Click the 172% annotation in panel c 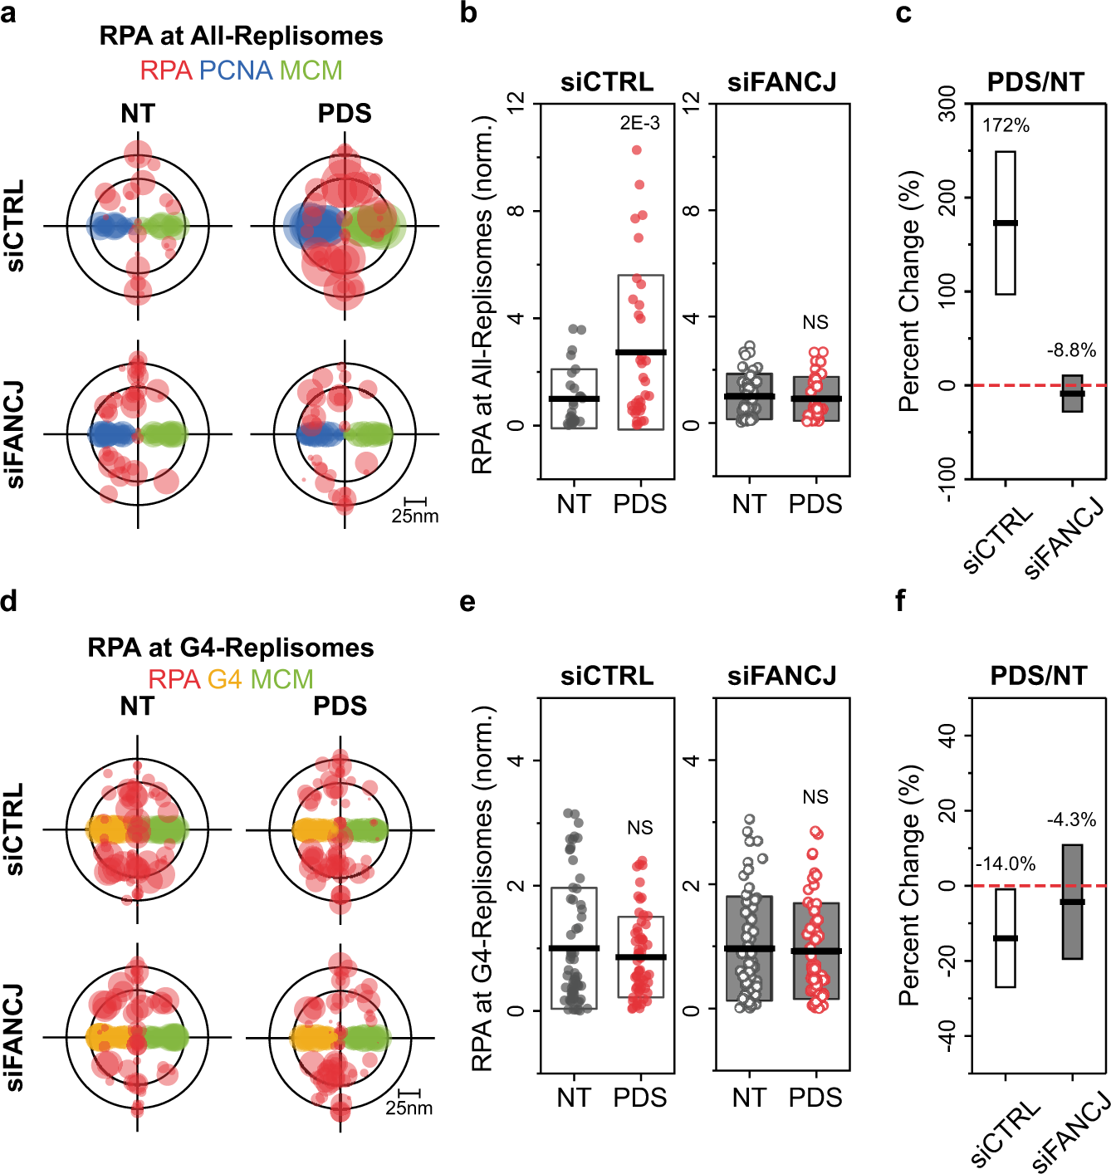pos(1006,125)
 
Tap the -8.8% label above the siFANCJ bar pos(1071,350)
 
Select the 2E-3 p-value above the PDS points pos(639,123)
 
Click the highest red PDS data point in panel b pos(637,150)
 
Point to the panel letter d pos(9,600)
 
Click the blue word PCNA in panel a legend pos(235,71)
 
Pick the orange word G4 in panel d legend pos(224,679)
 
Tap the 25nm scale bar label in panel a pos(414,516)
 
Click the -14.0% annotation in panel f pos(1005,863)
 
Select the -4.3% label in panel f pos(1071,819)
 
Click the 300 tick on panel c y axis pos(947,104)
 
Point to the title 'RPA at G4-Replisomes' pos(231,648)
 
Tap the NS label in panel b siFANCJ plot pos(815,322)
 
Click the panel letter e pos(467,600)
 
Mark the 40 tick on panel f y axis pos(947,735)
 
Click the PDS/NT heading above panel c pos(1035,82)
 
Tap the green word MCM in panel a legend pos(311,71)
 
